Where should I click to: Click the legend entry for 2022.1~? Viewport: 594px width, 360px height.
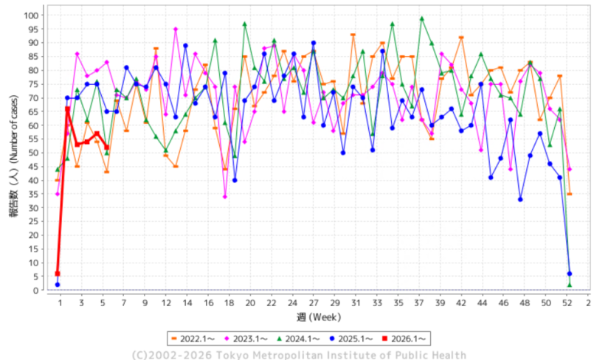191,339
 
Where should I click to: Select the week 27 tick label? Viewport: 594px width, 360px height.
314,303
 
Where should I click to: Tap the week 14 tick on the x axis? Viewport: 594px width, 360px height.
186,303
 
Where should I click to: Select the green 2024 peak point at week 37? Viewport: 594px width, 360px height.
421,19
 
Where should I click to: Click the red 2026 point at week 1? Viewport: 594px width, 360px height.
58,274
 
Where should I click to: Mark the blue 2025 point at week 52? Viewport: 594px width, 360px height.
569,274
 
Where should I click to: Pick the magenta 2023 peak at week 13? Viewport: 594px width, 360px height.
176,30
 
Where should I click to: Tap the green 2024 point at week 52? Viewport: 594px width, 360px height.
569,285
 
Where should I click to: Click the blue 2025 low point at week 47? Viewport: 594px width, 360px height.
520,199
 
